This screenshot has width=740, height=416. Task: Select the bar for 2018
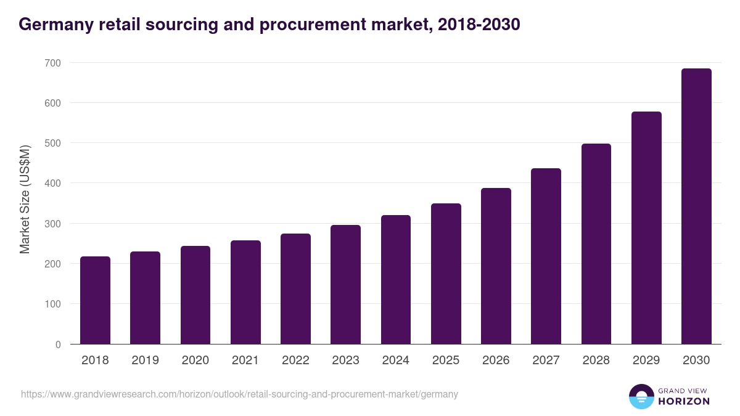pos(95,300)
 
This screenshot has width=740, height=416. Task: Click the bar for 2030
pos(696,206)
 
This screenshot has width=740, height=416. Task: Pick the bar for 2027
pos(546,256)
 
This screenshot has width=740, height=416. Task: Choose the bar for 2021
pos(245,292)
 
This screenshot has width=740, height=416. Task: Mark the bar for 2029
pos(646,228)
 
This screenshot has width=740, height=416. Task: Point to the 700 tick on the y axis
pos(52,63)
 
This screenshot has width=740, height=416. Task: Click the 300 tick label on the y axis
pos(52,224)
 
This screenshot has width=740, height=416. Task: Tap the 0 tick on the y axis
pos(58,345)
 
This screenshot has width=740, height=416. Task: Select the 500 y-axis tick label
pos(52,143)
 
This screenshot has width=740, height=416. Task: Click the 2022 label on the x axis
pos(295,361)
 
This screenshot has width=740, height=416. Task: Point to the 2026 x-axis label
pos(496,361)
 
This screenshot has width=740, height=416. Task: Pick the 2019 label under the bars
pos(145,361)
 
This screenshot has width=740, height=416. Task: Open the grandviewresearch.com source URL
pos(239,394)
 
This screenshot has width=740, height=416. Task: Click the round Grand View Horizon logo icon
pos(641,396)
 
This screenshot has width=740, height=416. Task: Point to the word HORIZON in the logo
pos(683,401)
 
